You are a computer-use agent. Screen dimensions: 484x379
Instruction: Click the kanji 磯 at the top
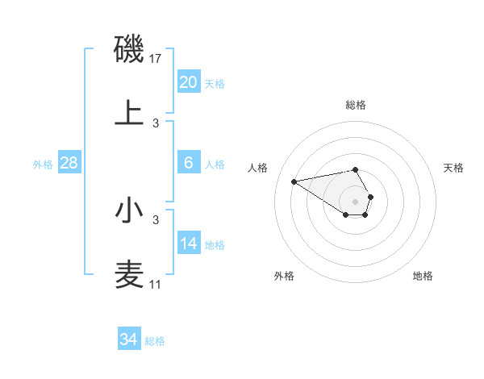click(x=129, y=50)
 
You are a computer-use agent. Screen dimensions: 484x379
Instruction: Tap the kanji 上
click(x=129, y=113)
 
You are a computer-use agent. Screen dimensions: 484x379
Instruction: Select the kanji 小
click(x=129, y=210)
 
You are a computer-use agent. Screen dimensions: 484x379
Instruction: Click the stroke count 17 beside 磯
click(x=156, y=59)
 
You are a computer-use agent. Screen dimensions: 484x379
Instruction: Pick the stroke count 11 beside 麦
click(x=155, y=285)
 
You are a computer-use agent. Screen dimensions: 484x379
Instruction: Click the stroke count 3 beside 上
click(x=156, y=123)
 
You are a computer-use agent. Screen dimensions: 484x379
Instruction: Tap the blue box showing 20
click(x=189, y=81)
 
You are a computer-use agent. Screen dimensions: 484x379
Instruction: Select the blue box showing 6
click(x=189, y=163)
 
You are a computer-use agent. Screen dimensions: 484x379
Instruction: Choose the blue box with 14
click(x=189, y=244)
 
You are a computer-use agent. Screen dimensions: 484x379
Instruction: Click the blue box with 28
click(x=69, y=163)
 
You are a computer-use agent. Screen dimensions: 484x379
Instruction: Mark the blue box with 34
click(x=129, y=339)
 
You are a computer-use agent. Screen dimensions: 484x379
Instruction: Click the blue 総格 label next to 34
click(x=155, y=341)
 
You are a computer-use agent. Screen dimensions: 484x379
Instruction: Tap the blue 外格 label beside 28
click(x=43, y=164)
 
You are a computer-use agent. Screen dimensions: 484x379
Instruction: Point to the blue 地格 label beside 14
click(x=215, y=244)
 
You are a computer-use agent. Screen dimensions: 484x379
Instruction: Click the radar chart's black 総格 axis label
click(x=355, y=105)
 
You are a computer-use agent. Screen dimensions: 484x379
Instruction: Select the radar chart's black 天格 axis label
click(x=454, y=168)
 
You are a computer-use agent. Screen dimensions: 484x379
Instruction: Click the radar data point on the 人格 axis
click(x=294, y=181)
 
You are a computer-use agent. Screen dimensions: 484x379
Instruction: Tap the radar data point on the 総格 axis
click(x=355, y=169)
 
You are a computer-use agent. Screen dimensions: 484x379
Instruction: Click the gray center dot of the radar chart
click(x=355, y=201)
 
